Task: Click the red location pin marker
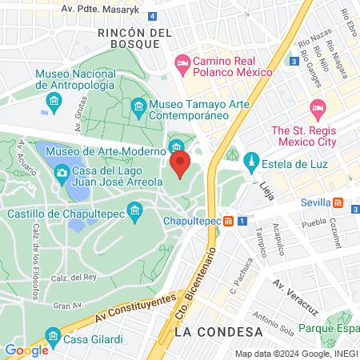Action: [179, 166]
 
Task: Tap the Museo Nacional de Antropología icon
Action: [54, 100]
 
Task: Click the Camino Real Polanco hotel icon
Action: [182, 62]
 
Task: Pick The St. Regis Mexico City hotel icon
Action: [318, 108]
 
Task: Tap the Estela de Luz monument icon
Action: [251, 161]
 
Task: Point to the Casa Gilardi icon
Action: [53, 334]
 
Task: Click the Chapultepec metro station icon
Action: [229, 220]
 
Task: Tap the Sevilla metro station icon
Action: [338, 202]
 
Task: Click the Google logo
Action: [26, 350]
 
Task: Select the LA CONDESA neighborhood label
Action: [218, 331]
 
